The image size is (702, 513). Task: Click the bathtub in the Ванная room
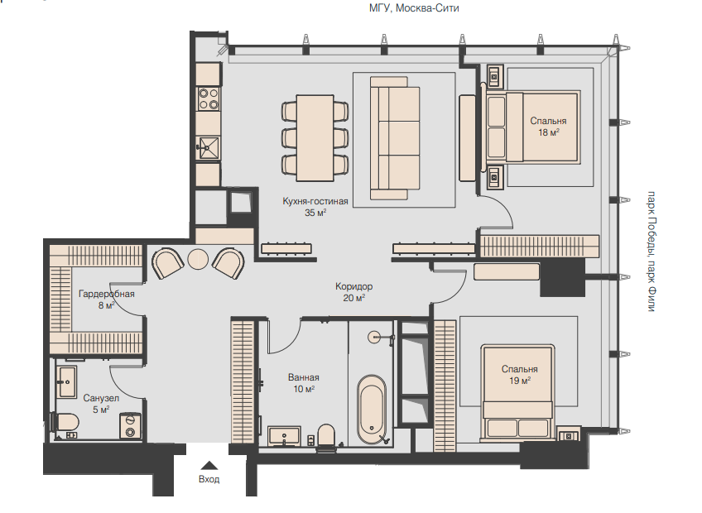372,409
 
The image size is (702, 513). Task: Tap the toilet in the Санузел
65,422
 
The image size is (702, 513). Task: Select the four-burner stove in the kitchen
209,99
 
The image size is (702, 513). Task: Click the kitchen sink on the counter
209,148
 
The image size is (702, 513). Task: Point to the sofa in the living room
394,137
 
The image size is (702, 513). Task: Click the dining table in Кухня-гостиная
315,137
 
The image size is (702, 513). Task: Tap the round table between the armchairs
198,259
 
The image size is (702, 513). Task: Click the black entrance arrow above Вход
209,466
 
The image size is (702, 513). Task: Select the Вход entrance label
209,479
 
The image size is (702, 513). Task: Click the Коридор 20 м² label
353,292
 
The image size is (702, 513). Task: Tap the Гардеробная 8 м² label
106,300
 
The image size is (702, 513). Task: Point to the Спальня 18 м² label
548,127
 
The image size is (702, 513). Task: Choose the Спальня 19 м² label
519,375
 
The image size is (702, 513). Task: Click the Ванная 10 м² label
304,383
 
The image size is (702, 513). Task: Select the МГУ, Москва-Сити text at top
414,8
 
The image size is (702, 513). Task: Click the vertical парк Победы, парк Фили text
652,252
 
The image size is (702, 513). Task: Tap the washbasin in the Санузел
67,381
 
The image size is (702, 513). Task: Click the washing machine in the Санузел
130,426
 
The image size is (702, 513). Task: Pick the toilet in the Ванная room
326,436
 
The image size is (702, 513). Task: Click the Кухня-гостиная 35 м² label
315,207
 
